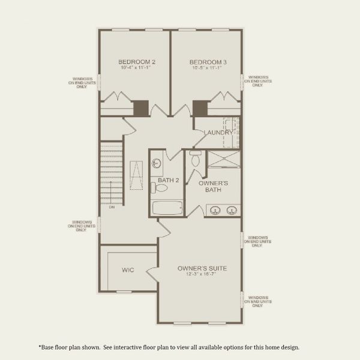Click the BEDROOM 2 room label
coord(137,62)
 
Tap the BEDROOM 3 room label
coord(208,62)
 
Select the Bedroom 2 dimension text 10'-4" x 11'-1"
coord(137,68)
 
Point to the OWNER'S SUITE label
coord(202,268)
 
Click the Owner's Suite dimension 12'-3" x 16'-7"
coord(202,275)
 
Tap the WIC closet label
coord(127,271)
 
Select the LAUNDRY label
coord(217,133)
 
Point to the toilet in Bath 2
coord(160,188)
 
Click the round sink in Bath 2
coord(157,163)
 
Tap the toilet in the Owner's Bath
coord(194,160)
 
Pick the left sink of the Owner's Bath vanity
coord(215,210)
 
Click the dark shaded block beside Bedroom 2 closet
coord(140,108)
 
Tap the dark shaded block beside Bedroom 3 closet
coord(200,108)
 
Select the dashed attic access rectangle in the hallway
coord(136,175)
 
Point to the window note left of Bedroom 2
coord(82,82)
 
